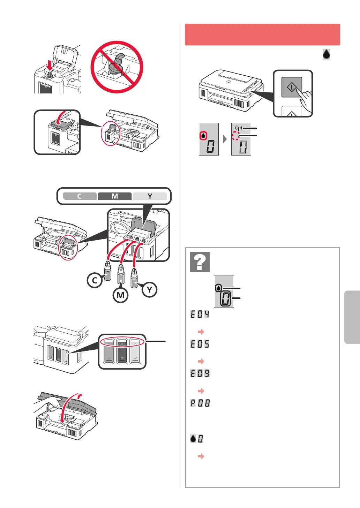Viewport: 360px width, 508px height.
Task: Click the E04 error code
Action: click(x=200, y=314)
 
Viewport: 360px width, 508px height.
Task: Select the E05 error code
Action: click(x=200, y=344)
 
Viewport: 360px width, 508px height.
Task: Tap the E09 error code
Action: click(x=200, y=373)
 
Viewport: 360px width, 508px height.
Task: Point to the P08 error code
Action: click(x=200, y=403)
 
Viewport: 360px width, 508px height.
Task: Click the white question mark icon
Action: click(x=200, y=262)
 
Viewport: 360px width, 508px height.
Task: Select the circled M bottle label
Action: click(x=120, y=295)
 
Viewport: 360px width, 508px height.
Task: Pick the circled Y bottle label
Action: click(x=149, y=290)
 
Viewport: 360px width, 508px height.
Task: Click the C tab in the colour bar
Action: click(x=80, y=196)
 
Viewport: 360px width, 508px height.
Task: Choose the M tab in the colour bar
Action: click(x=115, y=196)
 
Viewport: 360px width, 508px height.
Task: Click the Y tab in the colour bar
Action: click(x=150, y=196)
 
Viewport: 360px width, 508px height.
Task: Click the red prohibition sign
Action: click(x=117, y=67)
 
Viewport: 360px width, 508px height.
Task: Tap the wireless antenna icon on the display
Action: click(x=239, y=128)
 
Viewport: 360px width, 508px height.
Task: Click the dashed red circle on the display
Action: click(x=236, y=136)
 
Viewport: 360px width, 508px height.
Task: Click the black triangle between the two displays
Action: click(x=225, y=139)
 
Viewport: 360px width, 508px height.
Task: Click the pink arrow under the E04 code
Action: click(x=201, y=332)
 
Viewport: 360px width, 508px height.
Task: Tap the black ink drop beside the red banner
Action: click(x=326, y=54)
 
